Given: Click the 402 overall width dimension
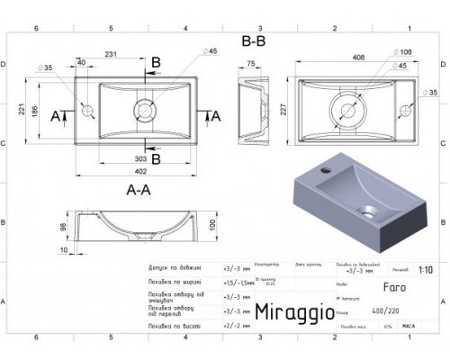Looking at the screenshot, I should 140,172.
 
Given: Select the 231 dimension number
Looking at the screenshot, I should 112,56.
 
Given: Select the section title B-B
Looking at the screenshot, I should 253,40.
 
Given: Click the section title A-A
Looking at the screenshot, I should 138,190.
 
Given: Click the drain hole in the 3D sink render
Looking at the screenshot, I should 370,213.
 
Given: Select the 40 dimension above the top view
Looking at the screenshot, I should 81,63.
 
